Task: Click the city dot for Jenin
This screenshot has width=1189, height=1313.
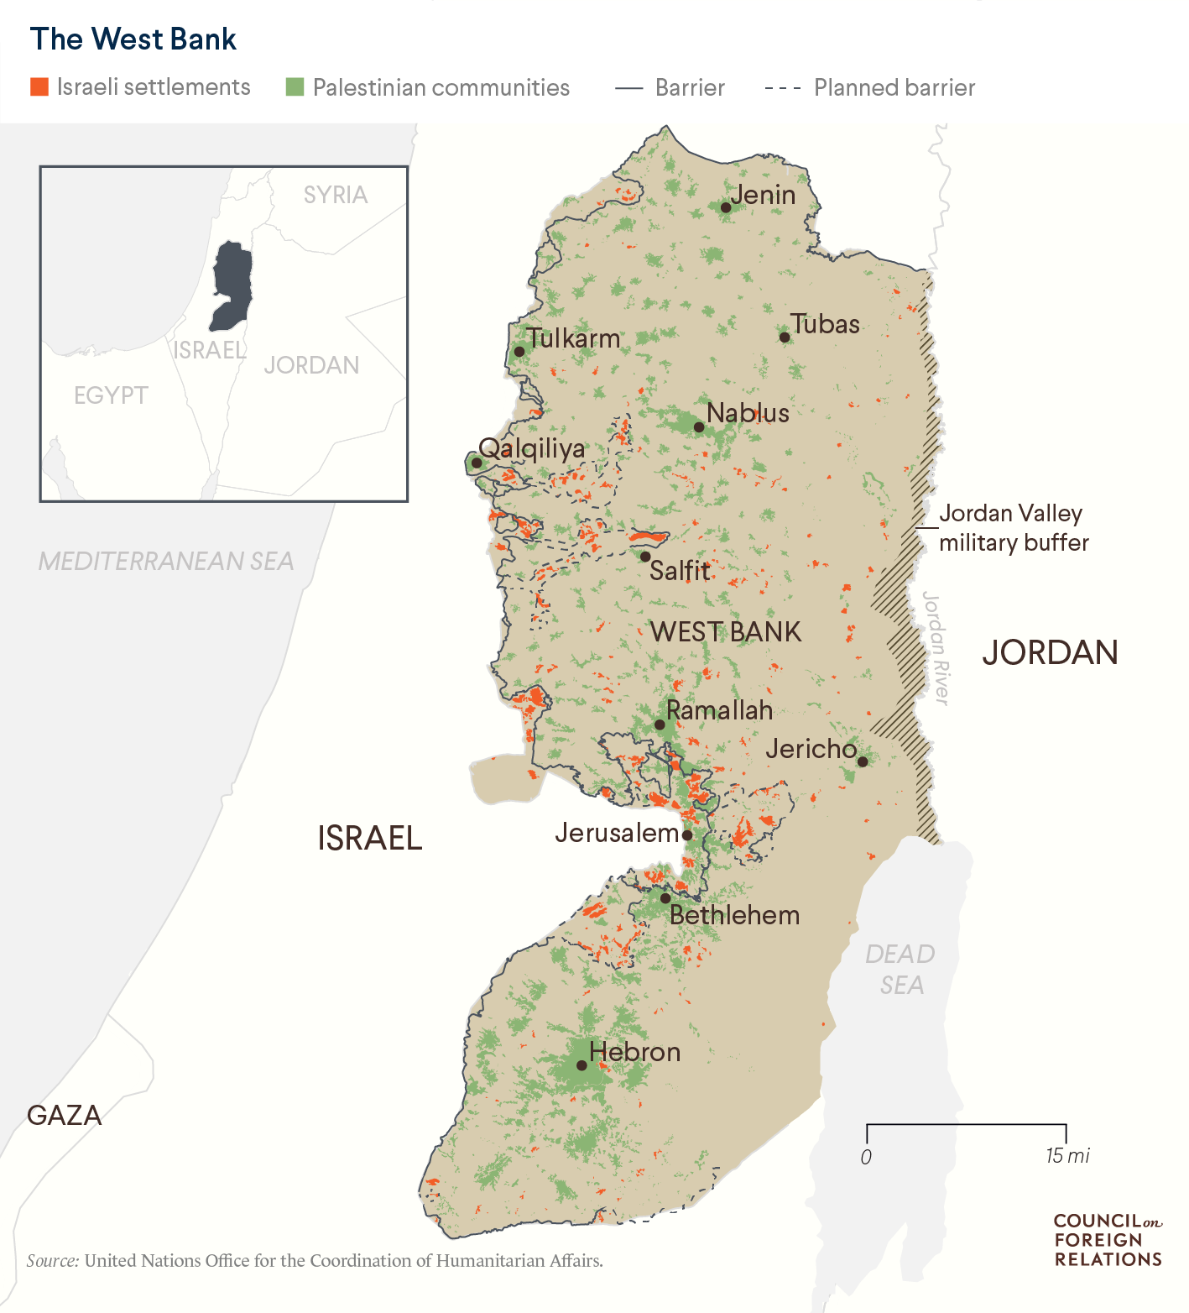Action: click(726, 207)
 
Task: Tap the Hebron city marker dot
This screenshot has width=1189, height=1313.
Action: click(581, 1065)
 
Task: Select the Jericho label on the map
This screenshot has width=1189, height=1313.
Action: click(811, 749)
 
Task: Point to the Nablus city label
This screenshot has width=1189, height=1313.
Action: click(748, 413)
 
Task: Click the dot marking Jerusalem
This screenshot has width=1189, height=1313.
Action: click(687, 835)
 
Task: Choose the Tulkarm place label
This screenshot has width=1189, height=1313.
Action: click(574, 338)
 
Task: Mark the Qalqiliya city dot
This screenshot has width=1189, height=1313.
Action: click(477, 463)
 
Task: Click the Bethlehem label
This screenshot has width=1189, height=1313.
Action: click(734, 915)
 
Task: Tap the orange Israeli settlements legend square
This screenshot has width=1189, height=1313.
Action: click(39, 87)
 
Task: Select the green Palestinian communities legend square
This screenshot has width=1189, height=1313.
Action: click(295, 87)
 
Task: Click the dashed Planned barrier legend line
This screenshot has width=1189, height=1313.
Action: click(782, 88)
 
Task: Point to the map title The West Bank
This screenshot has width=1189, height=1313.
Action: click(133, 39)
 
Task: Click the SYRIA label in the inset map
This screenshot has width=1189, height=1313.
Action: click(336, 195)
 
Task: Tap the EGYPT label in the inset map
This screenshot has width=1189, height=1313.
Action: click(111, 395)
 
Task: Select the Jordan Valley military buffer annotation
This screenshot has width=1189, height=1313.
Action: click(1013, 528)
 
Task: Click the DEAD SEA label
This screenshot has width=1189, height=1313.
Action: click(900, 969)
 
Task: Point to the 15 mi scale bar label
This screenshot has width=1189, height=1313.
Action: click(1067, 1156)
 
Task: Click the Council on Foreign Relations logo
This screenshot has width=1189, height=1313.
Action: click(1108, 1240)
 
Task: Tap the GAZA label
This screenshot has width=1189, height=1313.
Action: click(65, 1115)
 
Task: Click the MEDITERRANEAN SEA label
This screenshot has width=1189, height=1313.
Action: click(166, 561)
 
